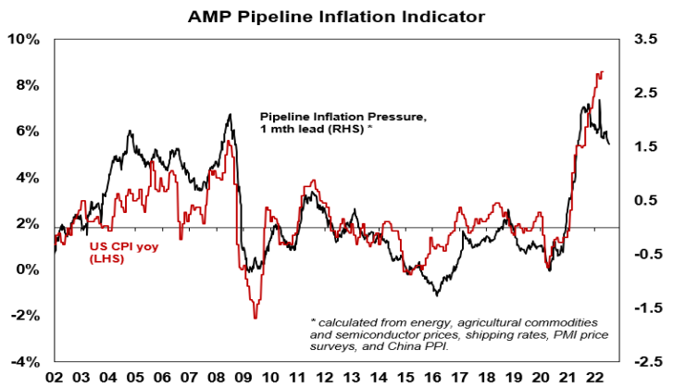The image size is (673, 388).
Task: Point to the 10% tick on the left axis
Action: tap(24, 40)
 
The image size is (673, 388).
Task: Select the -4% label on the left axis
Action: tap(24, 361)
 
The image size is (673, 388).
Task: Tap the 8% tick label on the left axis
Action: tap(27, 85)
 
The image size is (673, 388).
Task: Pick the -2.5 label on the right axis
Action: tap(642, 361)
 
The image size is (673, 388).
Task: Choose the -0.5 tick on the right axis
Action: tap(642, 255)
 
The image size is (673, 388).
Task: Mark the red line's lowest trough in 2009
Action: tap(255, 318)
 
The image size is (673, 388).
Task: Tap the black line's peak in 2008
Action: tap(230, 115)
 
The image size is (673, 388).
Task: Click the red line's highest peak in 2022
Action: tap(602, 72)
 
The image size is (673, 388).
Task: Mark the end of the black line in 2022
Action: tap(609, 144)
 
